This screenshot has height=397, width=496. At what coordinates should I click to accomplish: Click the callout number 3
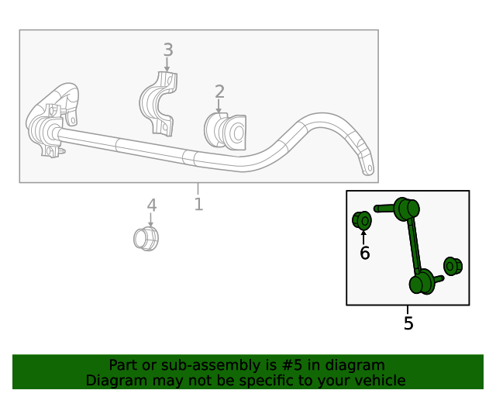(x=167, y=50)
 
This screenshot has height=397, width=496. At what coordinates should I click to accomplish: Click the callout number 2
(x=219, y=92)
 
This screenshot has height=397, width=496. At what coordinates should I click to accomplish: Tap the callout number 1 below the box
(x=198, y=204)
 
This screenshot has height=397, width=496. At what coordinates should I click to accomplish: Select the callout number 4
(x=152, y=205)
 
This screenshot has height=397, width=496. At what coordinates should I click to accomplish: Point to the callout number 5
(x=408, y=323)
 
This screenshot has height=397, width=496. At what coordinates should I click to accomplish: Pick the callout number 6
(x=364, y=253)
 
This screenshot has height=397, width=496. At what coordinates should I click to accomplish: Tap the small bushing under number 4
(x=146, y=237)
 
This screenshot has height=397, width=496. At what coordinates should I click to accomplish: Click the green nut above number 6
(x=362, y=220)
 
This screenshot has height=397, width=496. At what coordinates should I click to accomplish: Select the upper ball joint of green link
(x=406, y=209)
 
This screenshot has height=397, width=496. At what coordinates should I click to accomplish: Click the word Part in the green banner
(x=122, y=365)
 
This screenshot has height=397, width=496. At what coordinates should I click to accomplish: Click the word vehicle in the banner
(x=380, y=380)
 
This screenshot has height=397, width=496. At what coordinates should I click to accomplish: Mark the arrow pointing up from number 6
(x=363, y=236)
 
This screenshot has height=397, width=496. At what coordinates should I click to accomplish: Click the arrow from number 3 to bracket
(x=167, y=65)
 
